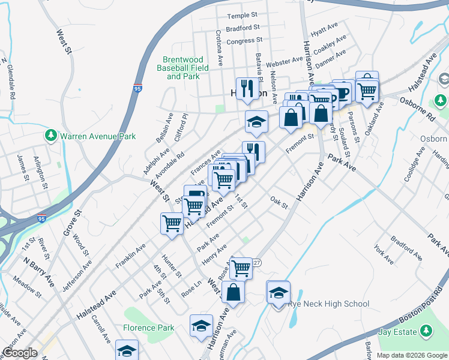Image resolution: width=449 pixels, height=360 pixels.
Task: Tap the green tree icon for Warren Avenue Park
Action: pyautogui.click(x=52, y=136)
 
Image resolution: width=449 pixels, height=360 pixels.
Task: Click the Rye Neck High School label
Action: pyautogui.click(x=328, y=304)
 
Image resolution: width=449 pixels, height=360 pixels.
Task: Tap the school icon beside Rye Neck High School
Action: pyautogui.click(x=278, y=293)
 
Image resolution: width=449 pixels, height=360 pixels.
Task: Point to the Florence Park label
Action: pyautogui.click(x=148, y=328)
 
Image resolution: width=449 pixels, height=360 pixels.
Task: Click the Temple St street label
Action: pyautogui.click(x=242, y=14)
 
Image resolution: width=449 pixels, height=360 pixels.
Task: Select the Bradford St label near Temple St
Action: pyautogui.click(x=243, y=28)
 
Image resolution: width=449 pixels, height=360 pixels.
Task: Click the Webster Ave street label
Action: pyautogui.click(x=284, y=62)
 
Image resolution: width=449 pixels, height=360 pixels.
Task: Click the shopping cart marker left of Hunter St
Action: pyautogui.click(x=172, y=224)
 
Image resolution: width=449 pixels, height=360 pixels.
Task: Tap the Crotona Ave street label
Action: pyautogui.click(x=220, y=49)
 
